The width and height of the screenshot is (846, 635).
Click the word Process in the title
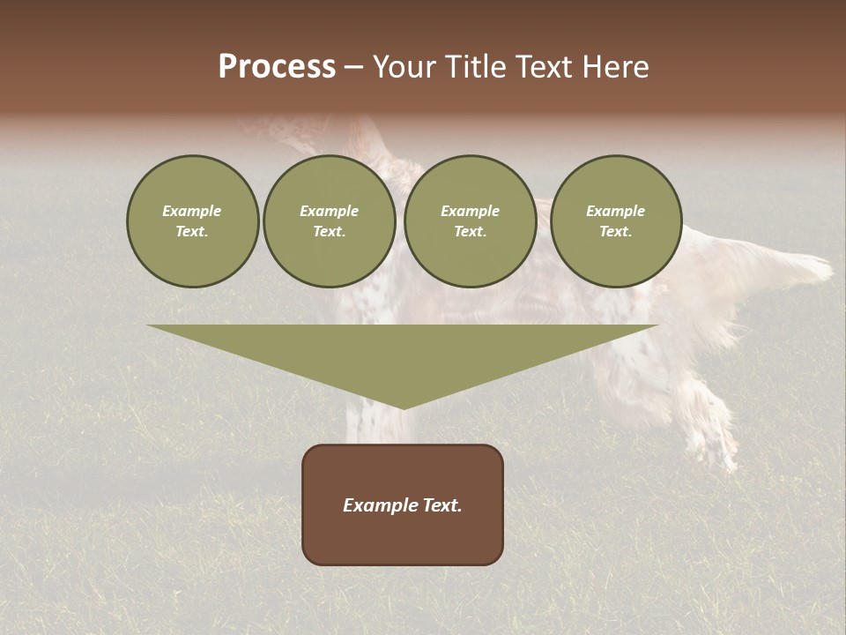[x=277, y=67]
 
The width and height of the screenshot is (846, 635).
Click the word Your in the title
[x=404, y=67]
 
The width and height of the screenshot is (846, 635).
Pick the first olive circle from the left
[x=193, y=221]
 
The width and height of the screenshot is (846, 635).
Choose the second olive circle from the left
[x=330, y=221]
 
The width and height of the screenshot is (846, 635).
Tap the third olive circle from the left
[x=470, y=221]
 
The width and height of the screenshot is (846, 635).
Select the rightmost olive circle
[x=616, y=221]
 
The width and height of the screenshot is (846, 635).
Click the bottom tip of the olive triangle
[x=403, y=407]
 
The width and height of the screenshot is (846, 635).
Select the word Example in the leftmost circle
[x=192, y=211]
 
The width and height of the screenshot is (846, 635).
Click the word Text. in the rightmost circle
[x=616, y=232]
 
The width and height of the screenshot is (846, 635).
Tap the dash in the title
[x=353, y=68]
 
